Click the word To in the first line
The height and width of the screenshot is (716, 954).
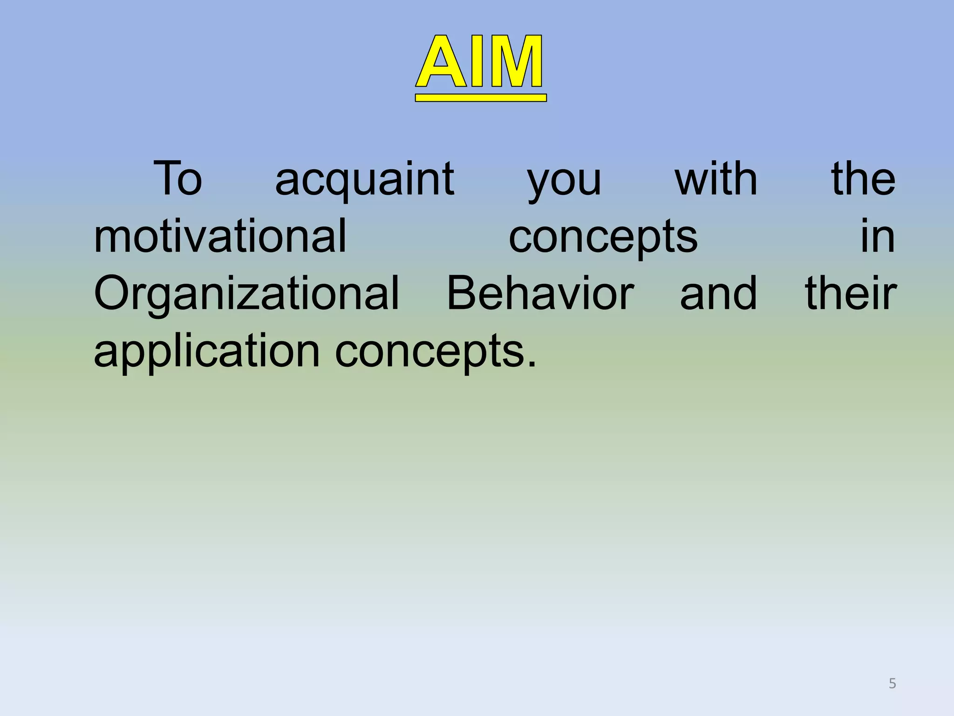[177, 179]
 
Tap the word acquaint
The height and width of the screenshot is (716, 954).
[364, 179]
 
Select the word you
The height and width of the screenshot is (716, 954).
[564, 182]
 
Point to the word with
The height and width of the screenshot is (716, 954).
[716, 179]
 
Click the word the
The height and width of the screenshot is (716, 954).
[863, 179]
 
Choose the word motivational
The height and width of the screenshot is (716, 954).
[220, 236]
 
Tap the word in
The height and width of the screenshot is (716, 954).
[877, 236]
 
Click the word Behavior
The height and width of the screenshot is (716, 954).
[540, 294]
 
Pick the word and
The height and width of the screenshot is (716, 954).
[718, 294]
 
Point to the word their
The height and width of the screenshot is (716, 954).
[851, 294]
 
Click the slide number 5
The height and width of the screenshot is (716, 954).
[892, 683]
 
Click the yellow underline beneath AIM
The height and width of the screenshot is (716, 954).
[480, 97]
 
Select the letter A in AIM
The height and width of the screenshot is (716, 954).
[442, 62]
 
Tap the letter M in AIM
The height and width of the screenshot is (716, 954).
[515, 62]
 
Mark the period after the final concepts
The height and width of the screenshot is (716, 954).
[532, 364]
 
